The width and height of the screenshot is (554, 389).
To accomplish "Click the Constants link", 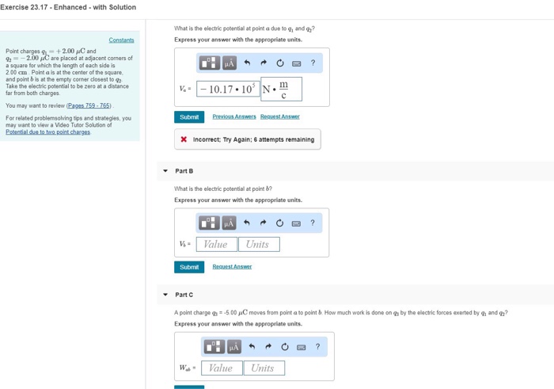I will pyautogui.click(x=121, y=40).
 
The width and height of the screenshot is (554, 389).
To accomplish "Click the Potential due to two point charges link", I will pyautogui.click(x=47, y=132).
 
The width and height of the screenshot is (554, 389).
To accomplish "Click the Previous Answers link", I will pyautogui.click(x=233, y=116).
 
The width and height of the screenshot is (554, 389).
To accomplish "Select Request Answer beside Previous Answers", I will pyautogui.click(x=280, y=116).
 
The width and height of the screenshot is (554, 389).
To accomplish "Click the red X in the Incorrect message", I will pyautogui.click(x=184, y=139).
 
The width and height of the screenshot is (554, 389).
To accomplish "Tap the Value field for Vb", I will pyautogui.click(x=216, y=244).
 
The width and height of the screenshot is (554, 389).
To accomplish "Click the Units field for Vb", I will pyautogui.click(x=258, y=244).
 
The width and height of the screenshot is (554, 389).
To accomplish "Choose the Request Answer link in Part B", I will pyautogui.click(x=232, y=267).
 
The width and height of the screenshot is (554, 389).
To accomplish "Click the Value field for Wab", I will pyautogui.click(x=221, y=368).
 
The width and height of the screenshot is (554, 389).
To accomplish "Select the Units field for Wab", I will pyautogui.click(x=263, y=368).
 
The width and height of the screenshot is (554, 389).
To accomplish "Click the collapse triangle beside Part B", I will pyautogui.click(x=165, y=171).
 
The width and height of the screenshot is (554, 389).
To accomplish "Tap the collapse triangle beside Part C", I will pyautogui.click(x=165, y=295).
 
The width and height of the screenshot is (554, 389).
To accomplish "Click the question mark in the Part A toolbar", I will pyautogui.click(x=313, y=63).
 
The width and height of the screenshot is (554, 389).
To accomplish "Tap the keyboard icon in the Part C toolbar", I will pyautogui.click(x=301, y=347).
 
